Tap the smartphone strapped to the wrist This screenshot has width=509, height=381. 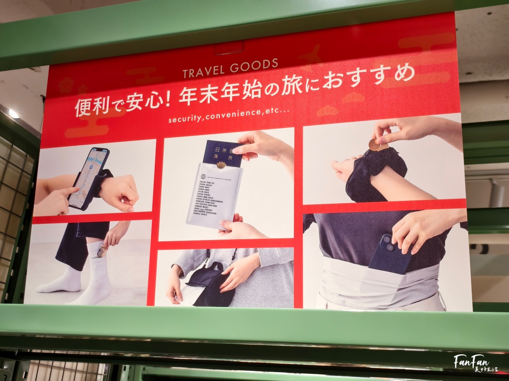point(89,178)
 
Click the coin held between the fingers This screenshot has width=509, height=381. point(375,145)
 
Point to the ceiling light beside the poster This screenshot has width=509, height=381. point(14,113)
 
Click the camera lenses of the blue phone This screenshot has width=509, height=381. point(387,242)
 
